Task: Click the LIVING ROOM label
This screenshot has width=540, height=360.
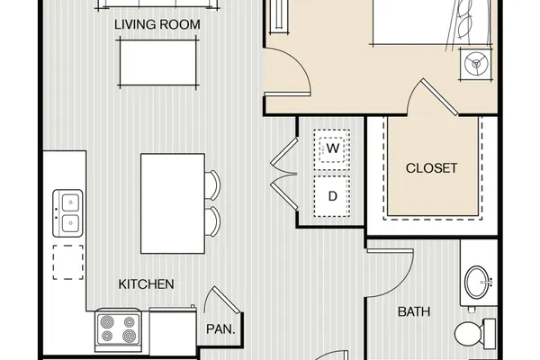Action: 157,24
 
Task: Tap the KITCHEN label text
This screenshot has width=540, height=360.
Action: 146,284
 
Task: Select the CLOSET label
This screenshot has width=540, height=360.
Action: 431,168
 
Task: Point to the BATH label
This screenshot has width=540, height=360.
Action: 414,311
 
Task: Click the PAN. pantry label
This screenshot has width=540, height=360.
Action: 220,329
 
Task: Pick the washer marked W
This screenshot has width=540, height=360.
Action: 332,149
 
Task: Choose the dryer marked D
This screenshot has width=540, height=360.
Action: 332,196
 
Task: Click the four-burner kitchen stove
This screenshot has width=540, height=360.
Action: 118,329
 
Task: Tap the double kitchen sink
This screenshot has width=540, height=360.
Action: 67,213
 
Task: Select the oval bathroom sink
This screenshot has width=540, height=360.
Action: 476,283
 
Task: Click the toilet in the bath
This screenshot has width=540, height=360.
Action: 475,333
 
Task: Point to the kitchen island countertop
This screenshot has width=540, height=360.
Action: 173,203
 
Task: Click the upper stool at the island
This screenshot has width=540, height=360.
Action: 212,185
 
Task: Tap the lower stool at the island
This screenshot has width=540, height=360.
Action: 212,221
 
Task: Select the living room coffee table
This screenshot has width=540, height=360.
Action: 157,63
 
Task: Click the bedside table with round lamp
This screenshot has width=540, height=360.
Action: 476,64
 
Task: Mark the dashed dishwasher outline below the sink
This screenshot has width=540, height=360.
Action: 67,262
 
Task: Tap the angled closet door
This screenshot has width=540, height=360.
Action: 438,97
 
